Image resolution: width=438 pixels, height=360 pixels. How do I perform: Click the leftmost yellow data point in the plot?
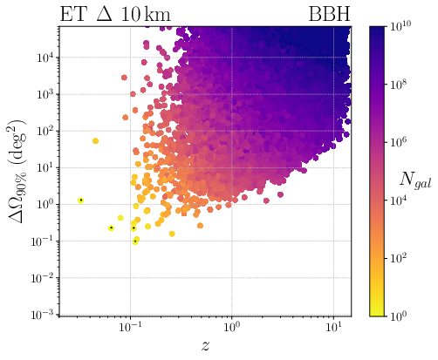[x=80, y=200]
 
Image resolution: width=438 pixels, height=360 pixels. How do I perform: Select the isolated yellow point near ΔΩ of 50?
[x=95, y=140]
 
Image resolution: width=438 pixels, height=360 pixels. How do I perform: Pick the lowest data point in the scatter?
[x=135, y=241]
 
